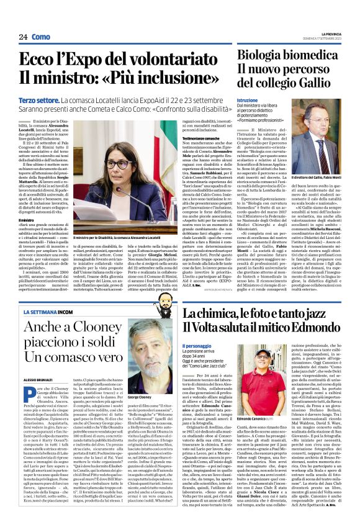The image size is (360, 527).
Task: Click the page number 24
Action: (x=23, y=37)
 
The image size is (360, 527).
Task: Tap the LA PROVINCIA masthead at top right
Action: (x=331, y=34)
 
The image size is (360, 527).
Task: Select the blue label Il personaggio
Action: (x=196, y=345)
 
